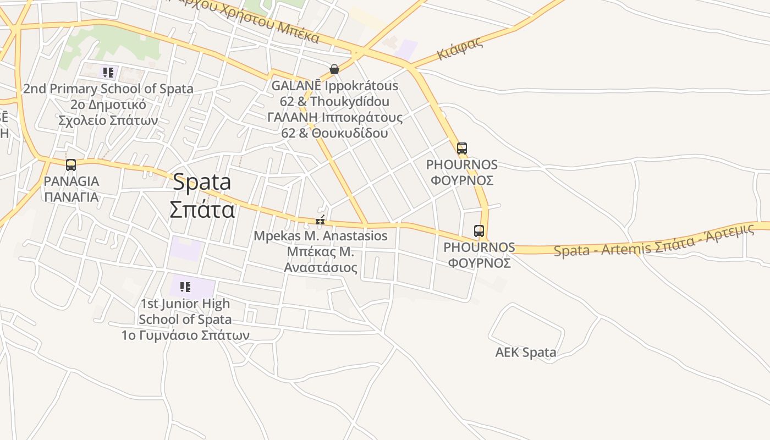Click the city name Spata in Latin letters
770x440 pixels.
tap(202, 183)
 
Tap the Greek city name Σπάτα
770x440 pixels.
tap(202, 210)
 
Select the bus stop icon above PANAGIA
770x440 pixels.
tap(71, 164)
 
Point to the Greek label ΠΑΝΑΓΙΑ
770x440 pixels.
tap(71, 197)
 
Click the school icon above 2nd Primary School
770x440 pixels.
tap(108, 72)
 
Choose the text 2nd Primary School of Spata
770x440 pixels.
tap(108, 89)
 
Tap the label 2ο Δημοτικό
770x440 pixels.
tap(108, 105)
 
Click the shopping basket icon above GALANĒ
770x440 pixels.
tap(334, 69)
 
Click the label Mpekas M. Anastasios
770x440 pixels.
tap(320, 236)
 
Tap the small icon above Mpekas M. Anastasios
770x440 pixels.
tap(320, 221)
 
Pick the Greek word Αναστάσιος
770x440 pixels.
tap(320, 268)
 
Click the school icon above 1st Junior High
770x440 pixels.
tap(185, 287)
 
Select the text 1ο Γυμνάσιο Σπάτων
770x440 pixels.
tap(185, 335)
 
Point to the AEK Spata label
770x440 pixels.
tap(525, 353)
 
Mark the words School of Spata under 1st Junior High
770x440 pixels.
tap(185, 319)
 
